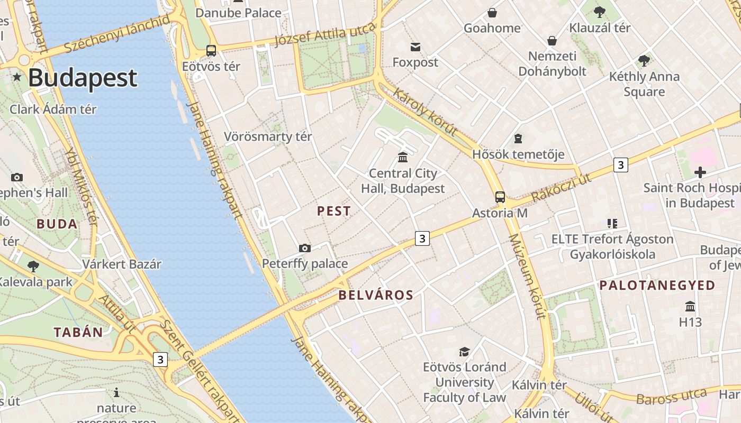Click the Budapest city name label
click(x=83, y=78)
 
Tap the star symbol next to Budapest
click(x=17, y=78)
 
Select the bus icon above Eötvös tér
click(x=211, y=51)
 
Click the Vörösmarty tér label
click(x=268, y=136)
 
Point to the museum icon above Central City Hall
click(x=403, y=157)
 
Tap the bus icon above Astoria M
click(x=500, y=197)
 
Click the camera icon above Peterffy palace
click(x=305, y=248)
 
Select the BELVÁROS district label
click(x=376, y=295)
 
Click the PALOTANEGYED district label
click(x=657, y=286)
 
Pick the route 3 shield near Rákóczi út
click(x=621, y=165)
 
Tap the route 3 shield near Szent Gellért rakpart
click(x=160, y=360)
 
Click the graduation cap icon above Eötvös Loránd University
click(x=464, y=352)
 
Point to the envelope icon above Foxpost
click(x=415, y=47)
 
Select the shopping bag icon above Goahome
click(x=492, y=13)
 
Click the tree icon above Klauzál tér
click(x=600, y=12)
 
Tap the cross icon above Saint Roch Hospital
click(x=700, y=172)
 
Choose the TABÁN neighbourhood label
click(x=78, y=332)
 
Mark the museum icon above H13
click(x=690, y=307)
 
